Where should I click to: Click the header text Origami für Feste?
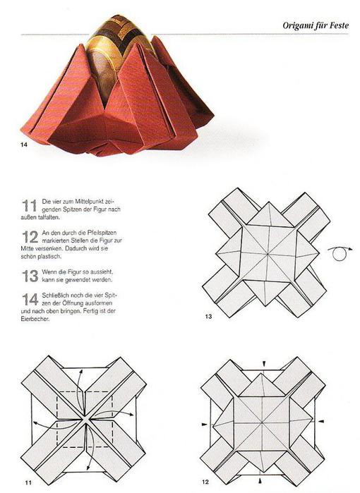coord(316,25)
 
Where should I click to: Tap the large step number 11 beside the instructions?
coord(30,206)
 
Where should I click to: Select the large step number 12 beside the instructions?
coord(30,237)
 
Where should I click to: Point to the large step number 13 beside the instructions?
coord(30,276)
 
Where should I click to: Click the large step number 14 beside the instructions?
coord(30,299)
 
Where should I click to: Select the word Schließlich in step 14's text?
coord(55,296)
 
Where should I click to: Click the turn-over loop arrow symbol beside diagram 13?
coord(340,254)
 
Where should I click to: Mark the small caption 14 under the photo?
coord(24,145)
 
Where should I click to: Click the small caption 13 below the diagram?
coord(208,316)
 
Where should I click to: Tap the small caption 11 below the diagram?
coord(28,482)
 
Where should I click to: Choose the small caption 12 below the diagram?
coord(205,482)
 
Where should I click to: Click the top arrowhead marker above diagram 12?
coord(264,363)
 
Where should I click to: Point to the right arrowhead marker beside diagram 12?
coord(320,420)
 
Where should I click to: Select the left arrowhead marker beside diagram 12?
coord(205,425)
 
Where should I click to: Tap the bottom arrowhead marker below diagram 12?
coord(260,480)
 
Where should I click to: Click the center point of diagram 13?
coord(268,253)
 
